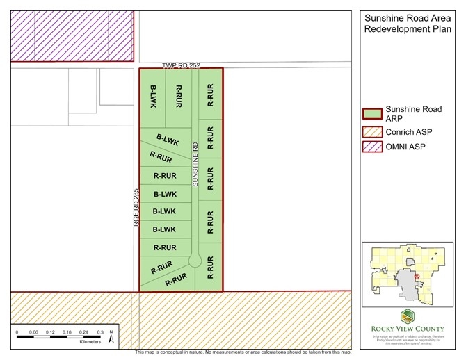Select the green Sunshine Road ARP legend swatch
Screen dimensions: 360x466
coord(373,114)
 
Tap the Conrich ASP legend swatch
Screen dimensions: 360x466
coord(373,131)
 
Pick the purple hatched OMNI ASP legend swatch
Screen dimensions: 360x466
coord(373,147)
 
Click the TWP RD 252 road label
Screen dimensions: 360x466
coord(182,65)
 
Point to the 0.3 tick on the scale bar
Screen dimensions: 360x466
coord(100,333)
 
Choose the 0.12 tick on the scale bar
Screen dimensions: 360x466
coord(50,333)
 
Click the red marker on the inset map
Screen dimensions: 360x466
coord(417,276)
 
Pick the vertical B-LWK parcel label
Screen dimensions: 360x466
coord(154,97)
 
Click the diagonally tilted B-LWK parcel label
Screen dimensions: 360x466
coord(168,141)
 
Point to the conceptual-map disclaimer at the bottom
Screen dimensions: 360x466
coord(243,352)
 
